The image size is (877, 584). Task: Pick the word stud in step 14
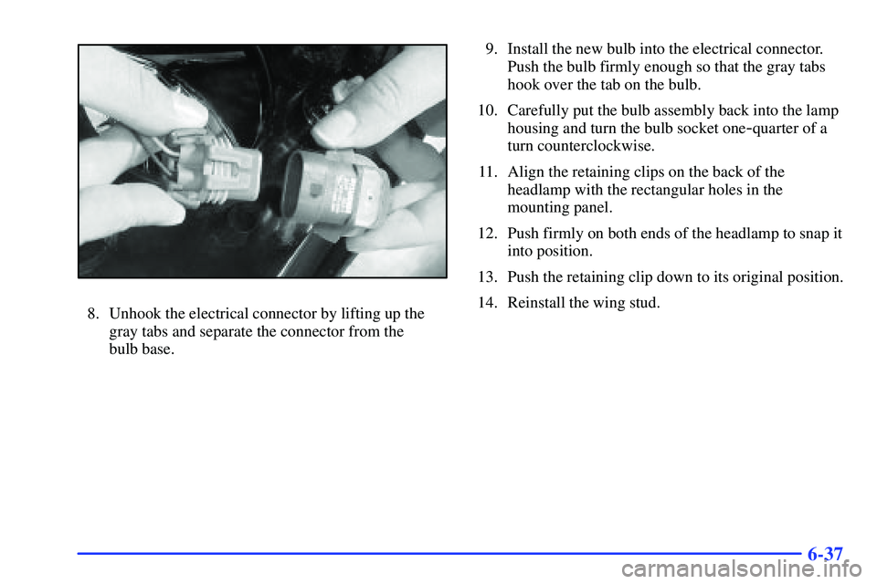coord(648,303)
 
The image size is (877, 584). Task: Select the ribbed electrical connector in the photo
coord(216,165)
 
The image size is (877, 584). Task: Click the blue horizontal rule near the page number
coord(439,558)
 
